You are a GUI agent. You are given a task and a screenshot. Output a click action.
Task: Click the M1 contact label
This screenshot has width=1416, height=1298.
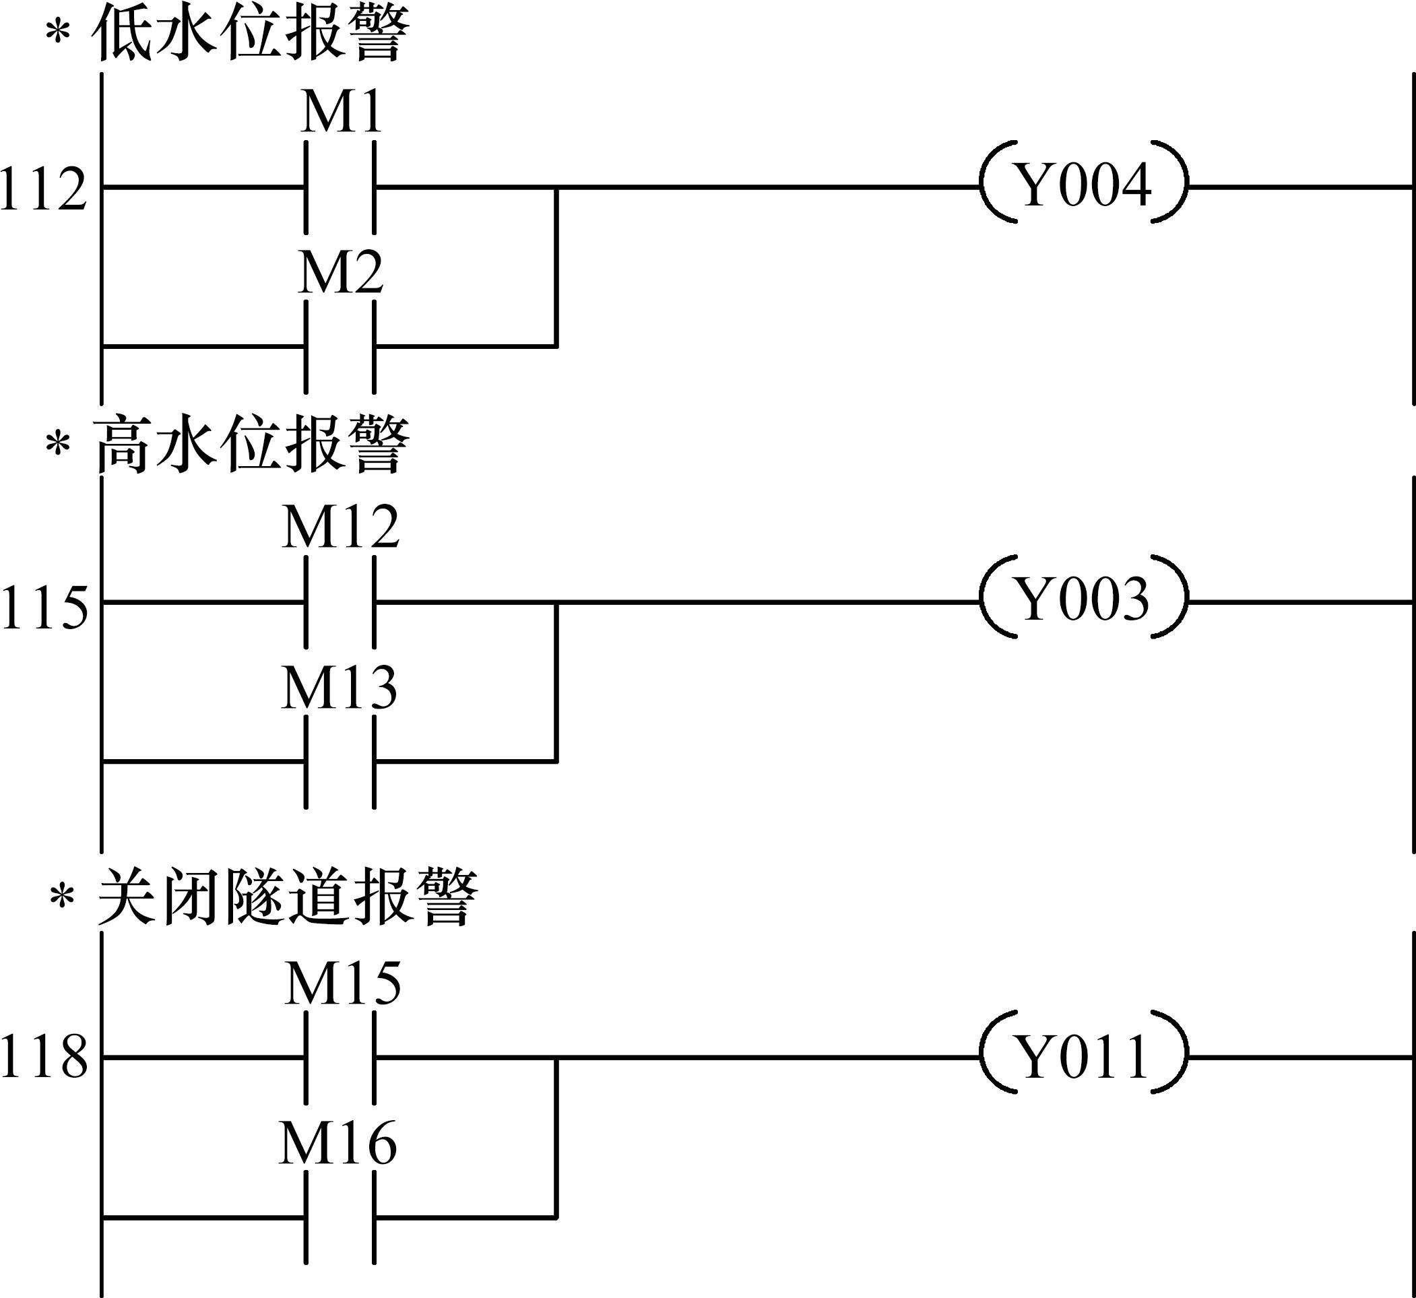342,114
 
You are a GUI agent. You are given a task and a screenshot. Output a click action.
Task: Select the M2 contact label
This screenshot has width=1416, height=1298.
341,273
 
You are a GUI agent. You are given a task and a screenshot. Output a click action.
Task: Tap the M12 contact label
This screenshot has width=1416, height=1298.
341,527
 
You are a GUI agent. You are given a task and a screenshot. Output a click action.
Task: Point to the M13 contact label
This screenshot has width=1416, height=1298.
340,687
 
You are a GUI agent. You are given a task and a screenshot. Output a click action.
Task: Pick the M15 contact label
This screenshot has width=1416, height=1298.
343,983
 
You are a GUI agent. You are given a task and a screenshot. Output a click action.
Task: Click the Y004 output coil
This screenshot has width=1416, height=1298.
1085,187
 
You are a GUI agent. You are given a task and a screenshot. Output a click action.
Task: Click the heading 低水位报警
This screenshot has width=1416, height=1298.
250,34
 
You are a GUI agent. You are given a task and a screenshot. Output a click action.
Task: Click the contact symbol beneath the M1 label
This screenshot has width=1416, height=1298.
340,187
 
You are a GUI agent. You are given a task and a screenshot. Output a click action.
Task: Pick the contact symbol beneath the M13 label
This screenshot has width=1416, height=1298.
340,760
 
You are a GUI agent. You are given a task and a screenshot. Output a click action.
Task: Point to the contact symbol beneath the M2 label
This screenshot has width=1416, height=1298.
340,346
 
